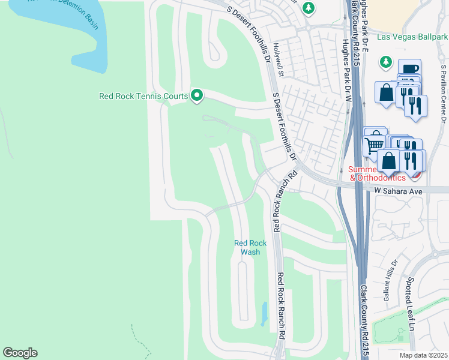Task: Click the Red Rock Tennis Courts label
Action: coord(143,95)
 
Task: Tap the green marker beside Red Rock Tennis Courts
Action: coord(196,95)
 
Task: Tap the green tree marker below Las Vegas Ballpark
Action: coord(385,62)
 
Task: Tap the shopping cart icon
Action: coord(375,143)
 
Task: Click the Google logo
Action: coord(20,353)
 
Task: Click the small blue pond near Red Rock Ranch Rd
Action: coord(265,313)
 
